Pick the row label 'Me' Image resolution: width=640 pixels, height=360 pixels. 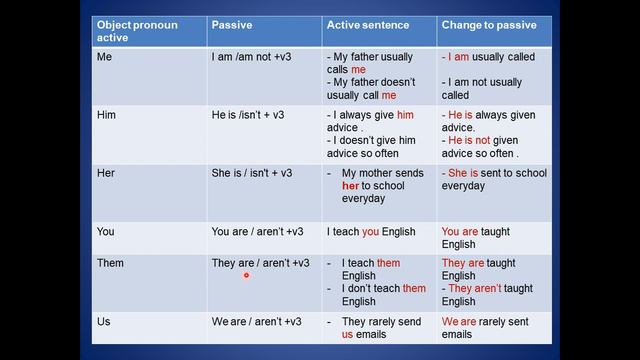[x=105, y=58]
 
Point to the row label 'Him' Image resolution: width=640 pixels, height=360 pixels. [x=106, y=116]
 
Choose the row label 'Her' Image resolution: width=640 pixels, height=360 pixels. [x=106, y=173]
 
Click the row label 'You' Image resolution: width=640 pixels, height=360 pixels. [x=106, y=232]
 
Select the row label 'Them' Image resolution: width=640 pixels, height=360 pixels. [x=111, y=263]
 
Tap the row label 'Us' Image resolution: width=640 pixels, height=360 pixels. [x=104, y=321]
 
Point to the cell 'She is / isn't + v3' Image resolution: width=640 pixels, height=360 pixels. [x=252, y=173]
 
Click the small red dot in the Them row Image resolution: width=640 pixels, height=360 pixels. [x=246, y=274]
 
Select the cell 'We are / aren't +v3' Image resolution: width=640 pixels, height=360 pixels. [x=257, y=321]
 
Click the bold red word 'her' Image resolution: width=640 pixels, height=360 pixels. [x=350, y=186]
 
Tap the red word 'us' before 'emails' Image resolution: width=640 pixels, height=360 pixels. [x=347, y=334]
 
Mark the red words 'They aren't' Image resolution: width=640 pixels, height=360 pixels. [x=474, y=289]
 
